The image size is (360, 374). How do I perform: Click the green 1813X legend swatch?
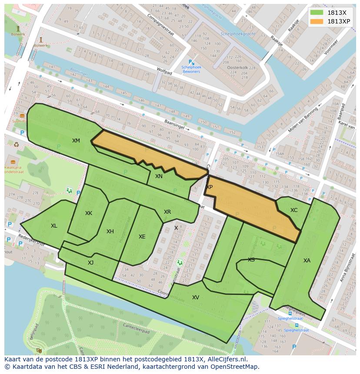coord(317,13)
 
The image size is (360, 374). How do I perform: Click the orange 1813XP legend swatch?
coord(317,21)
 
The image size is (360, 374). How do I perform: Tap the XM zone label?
coord(76,140)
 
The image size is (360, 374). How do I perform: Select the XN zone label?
coord(159,176)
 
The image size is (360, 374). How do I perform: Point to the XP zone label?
coord(210,187)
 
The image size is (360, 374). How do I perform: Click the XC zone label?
coord(294,210)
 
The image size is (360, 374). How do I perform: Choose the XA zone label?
coord(307,260)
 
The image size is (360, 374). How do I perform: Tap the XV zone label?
coord(196,297)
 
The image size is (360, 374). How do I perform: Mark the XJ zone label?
coord(90,262)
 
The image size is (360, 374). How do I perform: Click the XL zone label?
coord(54,225)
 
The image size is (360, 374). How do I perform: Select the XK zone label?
coord(89,213)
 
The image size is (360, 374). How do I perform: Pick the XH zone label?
coord(110,231)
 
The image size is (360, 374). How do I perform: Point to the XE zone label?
coord(142,236)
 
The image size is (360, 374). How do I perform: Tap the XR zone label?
coord(167,212)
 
